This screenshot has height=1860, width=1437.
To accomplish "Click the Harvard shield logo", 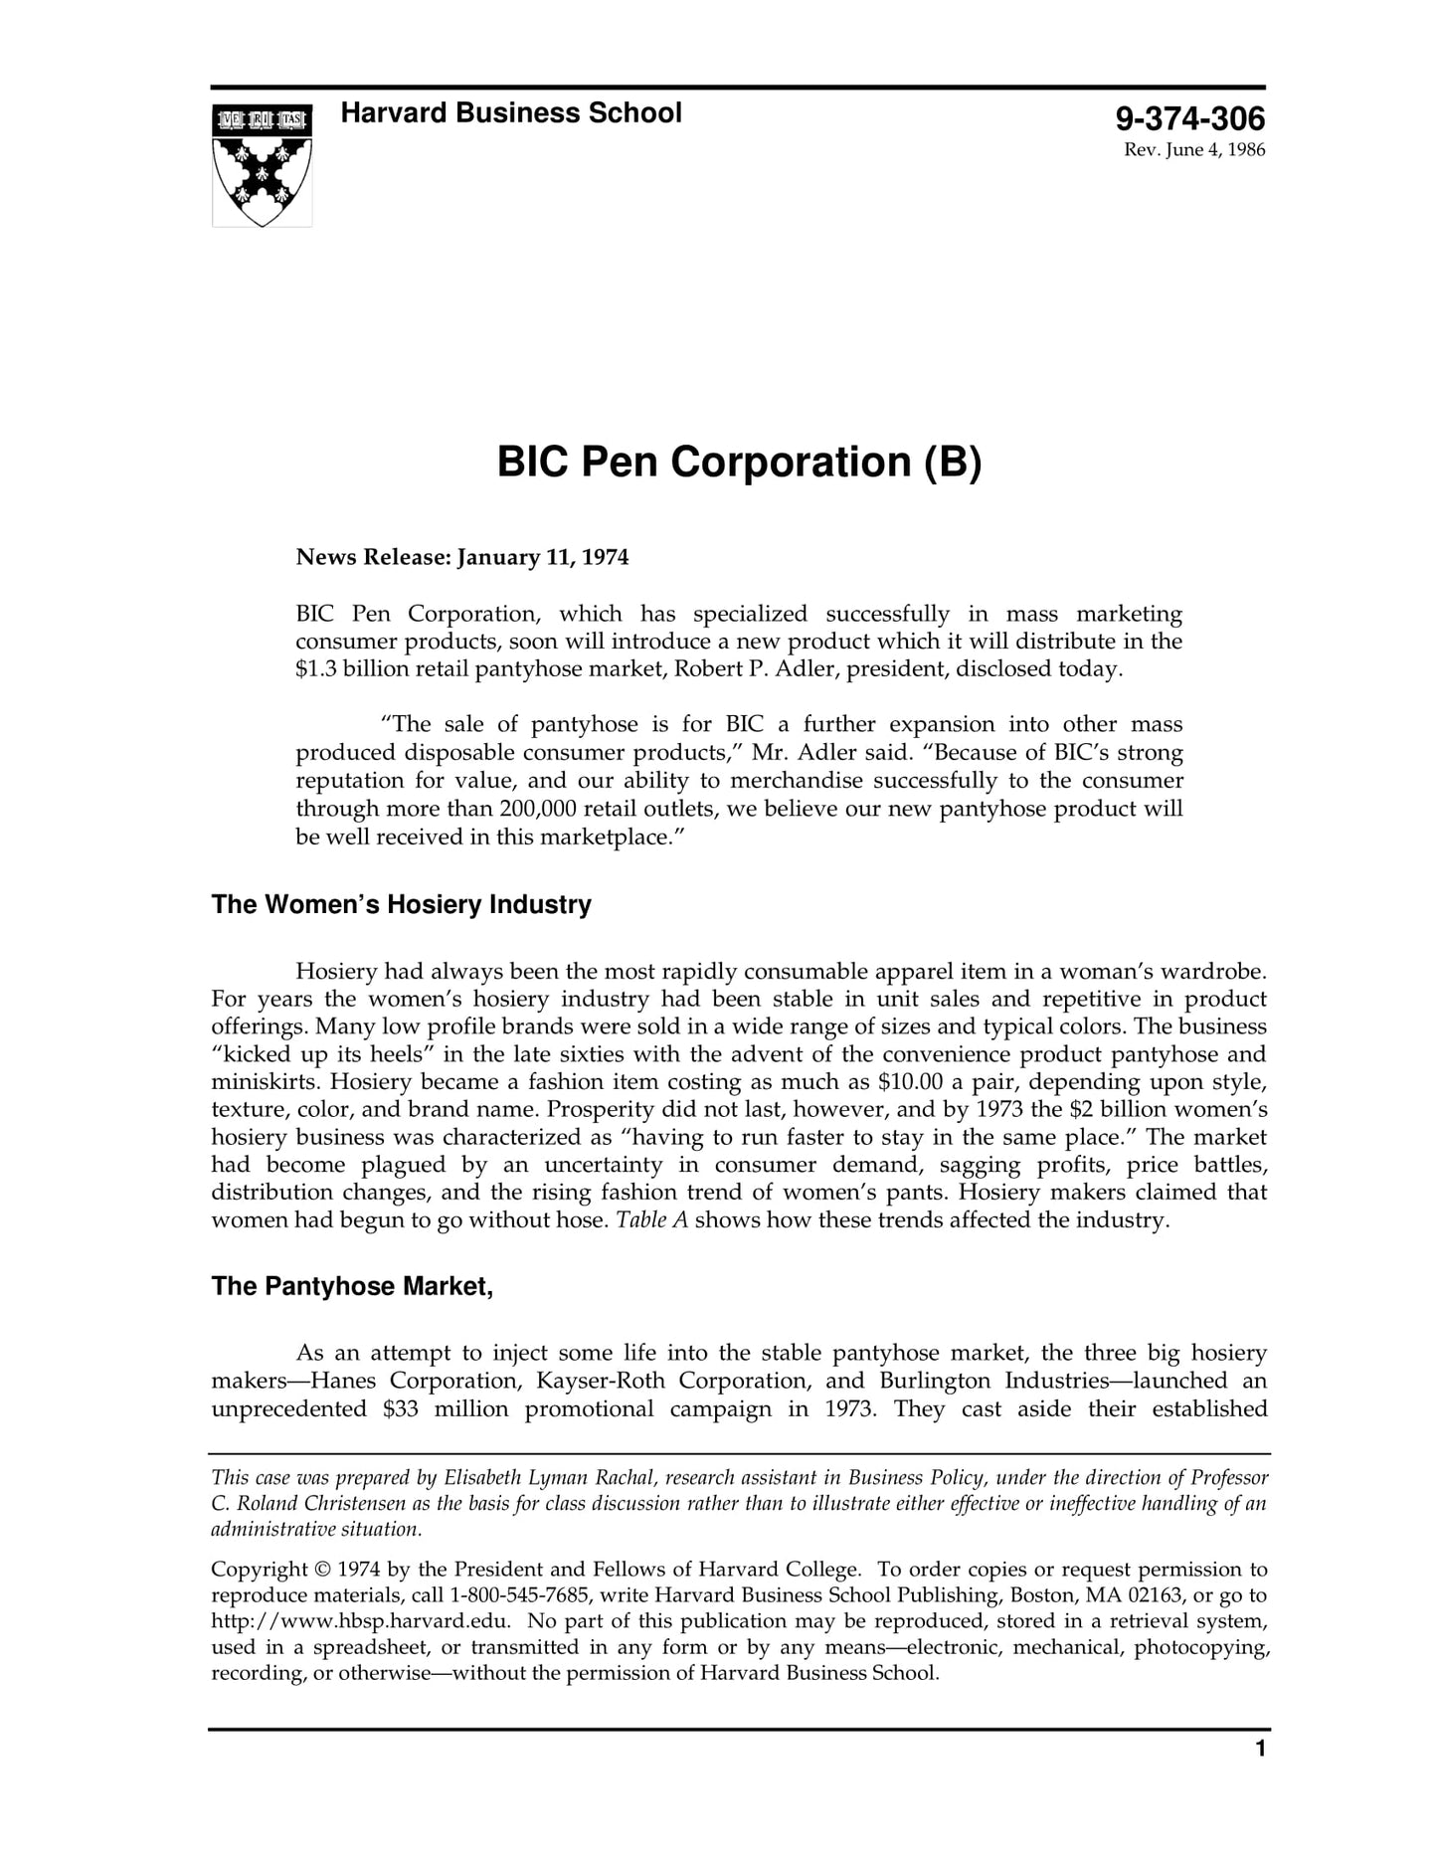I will click(x=262, y=165).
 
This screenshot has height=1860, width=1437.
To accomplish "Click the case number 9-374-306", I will click(x=1189, y=120).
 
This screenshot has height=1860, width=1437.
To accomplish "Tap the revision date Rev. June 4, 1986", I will click(x=1193, y=151).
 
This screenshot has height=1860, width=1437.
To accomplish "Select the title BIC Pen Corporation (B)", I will click(x=739, y=463).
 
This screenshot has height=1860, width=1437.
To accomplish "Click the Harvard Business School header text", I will click(x=511, y=113).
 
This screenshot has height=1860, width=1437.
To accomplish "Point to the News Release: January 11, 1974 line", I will click(x=462, y=557).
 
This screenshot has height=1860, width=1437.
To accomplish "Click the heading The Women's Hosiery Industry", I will click(x=401, y=905).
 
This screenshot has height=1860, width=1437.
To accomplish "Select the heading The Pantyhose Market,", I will click(x=352, y=1287).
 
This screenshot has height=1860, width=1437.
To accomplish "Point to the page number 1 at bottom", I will click(x=1260, y=1777).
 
